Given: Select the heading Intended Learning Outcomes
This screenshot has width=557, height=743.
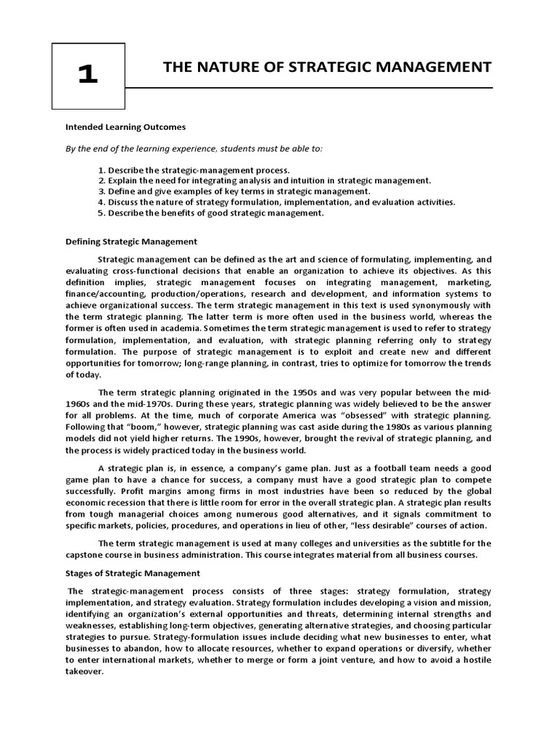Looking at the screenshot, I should pyautogui.click(x=126, y=127).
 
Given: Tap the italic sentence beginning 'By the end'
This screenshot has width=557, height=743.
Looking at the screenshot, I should pyautogui.click(x=194, y=149).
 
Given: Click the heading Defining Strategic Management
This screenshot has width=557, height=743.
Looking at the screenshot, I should pyautogui.click(x=131, y=242).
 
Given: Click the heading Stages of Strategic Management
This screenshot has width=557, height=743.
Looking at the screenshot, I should pyautogui.click(x=133, y=573).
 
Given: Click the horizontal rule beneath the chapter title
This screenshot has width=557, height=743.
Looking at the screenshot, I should pyautogui.click(x=308, y=88).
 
